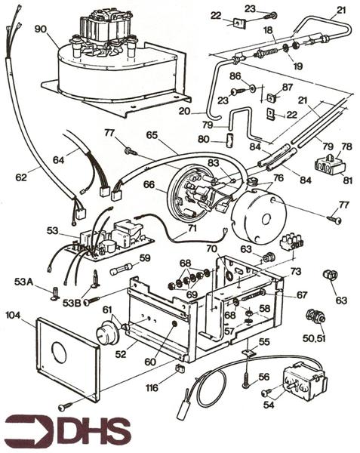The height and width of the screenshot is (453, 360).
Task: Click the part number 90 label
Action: tap(39, 29)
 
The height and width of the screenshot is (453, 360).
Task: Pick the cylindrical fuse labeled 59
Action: tap(120, 271)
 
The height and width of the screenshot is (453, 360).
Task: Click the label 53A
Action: tap(23, 281)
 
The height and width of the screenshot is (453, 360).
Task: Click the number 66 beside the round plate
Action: tap(149, 183)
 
